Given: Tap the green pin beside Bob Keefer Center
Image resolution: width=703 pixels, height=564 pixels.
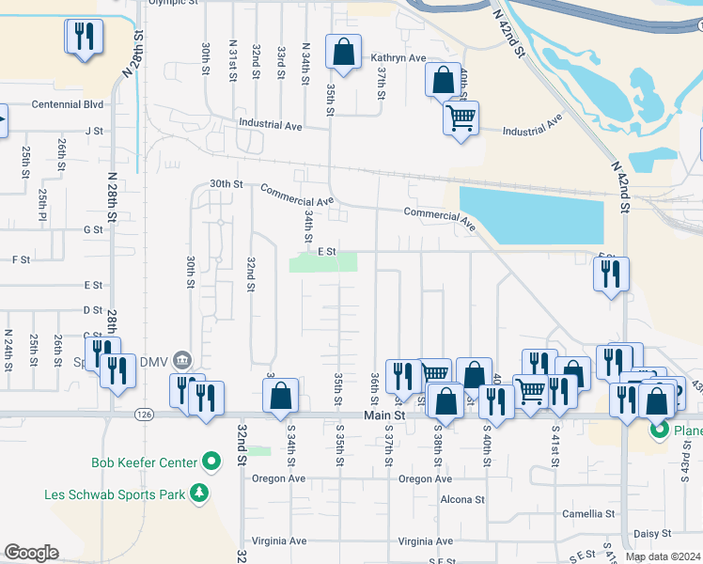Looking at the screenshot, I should coord(211,462).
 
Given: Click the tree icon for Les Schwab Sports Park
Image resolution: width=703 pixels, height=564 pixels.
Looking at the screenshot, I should coord(198,493).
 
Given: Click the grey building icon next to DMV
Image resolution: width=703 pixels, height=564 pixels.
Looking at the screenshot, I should coord(182,358).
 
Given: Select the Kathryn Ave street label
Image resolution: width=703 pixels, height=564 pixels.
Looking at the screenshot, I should coord(398,58).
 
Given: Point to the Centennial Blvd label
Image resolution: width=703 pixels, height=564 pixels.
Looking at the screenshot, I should coord(67,104).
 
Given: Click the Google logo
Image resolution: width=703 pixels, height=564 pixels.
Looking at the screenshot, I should coord(31,553).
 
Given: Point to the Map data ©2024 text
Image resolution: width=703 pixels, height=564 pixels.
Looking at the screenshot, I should coord(664,556).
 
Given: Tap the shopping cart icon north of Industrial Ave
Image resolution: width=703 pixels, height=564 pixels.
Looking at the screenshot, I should coord(461,118).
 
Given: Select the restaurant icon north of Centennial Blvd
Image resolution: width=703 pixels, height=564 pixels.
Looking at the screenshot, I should coord(84,37).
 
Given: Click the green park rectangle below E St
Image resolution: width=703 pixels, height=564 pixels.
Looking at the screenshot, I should coord(323,263).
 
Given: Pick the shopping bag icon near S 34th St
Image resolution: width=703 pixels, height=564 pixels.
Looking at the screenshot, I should coord(280,396).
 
